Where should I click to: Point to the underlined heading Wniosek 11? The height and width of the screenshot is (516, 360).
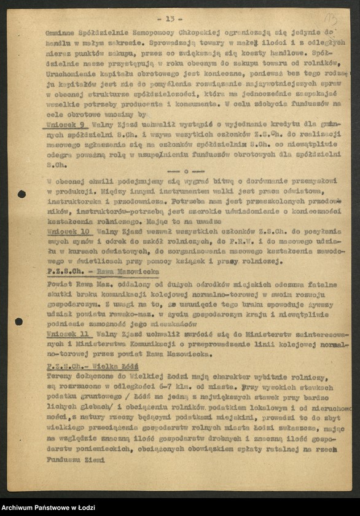point(68,334)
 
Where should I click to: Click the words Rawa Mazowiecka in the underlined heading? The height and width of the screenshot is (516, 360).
point(117,271)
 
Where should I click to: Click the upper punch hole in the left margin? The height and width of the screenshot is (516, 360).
point(22,194)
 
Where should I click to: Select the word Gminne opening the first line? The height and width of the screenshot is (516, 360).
point(58,31)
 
